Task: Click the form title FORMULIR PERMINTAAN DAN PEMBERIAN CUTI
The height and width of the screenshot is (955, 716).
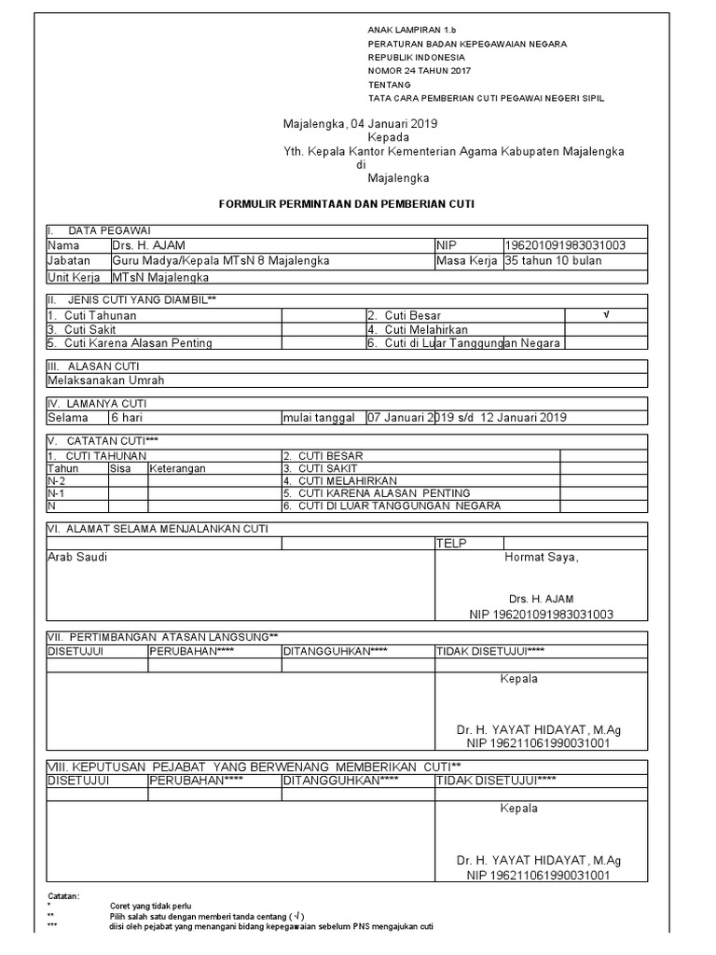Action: point(358,203)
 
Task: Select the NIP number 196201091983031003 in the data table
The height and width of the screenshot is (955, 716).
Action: point(564,245)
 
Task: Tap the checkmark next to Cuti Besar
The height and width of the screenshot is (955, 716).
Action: point(606,315)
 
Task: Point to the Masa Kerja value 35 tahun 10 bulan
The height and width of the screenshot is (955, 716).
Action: point(552,261)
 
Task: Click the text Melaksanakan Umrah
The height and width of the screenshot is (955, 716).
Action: point(104,381)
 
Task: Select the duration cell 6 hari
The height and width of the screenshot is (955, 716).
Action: point(126,418)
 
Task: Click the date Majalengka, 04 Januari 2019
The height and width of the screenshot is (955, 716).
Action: point(361,123)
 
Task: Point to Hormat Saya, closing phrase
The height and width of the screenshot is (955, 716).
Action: point(541,558)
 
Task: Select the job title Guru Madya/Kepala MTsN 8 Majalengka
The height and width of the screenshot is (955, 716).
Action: point(221,261)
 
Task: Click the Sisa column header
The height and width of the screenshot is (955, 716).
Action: point(120,468)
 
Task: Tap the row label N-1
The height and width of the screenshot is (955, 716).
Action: point(56,492)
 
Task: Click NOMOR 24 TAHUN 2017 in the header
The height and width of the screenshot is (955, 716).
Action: point(420,71)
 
